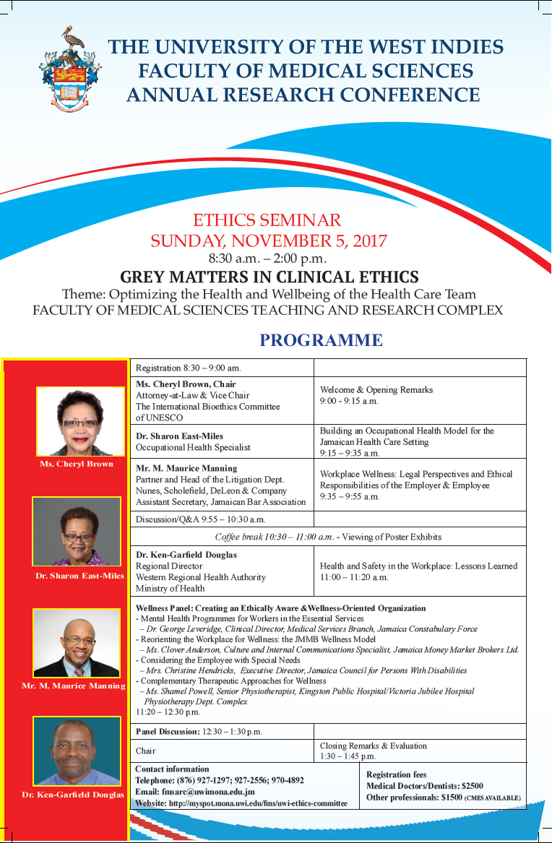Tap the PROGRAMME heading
coord(321,340)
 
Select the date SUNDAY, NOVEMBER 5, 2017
coord(269,241)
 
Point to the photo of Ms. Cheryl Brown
coord(80,422)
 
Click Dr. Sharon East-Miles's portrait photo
coord(76,531)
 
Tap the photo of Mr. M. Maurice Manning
coord(77,643)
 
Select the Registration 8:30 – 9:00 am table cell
coord(189,368)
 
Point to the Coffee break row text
coord(327,537)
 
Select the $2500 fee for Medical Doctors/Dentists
coord(471,786)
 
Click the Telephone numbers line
coord(220,780)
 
